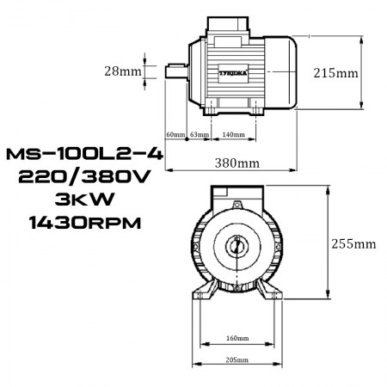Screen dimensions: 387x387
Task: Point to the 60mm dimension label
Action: click(x=175, y=135)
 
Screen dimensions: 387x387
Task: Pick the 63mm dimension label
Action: click(x=199, y=135)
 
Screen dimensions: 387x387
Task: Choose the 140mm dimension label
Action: click(x=233, y=135)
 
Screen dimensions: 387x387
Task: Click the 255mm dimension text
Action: click(x=353, y=243)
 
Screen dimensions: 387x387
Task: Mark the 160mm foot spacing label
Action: click(x=236, y=339)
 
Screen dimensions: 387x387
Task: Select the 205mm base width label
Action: click(x=236, y=359)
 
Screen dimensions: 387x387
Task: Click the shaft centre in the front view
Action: click(x=236, y=247)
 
